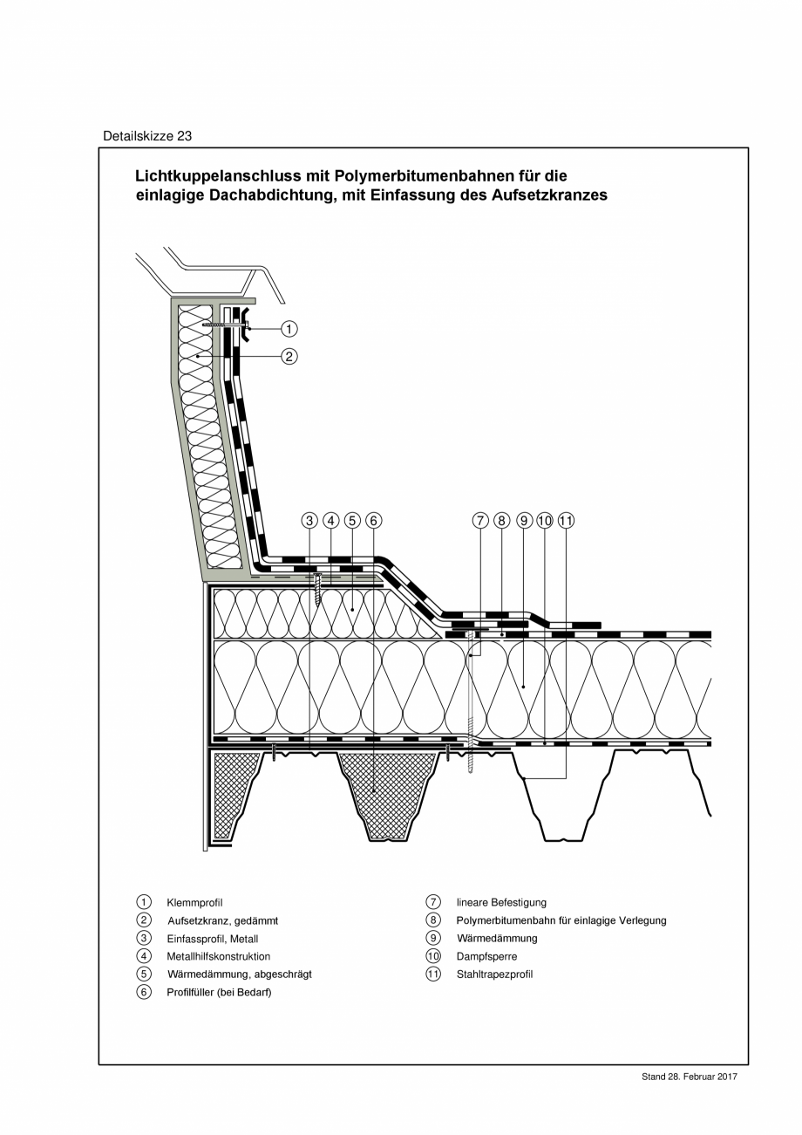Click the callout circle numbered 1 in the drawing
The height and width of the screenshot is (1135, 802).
point(289,329)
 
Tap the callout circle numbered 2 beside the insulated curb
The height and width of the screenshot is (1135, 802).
point(289,356)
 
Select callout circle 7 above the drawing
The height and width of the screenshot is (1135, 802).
point(479,521)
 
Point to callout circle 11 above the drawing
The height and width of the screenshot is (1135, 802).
point(566,521)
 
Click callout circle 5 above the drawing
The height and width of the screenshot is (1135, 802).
point(352,521)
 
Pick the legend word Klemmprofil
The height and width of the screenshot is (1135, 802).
point(189,903)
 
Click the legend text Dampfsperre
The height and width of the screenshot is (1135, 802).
point(486,956)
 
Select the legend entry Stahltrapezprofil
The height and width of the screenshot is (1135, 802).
point(494,974)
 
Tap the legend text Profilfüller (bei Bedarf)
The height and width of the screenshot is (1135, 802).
point(219,993)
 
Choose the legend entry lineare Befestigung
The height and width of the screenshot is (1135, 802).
point(501,902)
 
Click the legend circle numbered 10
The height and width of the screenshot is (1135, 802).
point(433,956)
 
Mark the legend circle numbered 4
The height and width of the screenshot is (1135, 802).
point(144,956)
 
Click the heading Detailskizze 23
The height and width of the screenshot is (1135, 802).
point(147,136)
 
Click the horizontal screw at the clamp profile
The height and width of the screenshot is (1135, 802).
point(221,325)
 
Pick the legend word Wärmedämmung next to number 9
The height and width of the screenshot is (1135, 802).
point(497,939)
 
